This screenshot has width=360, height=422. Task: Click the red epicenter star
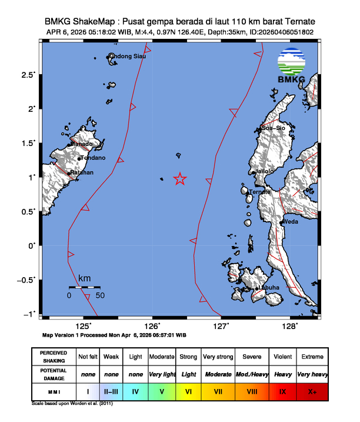(180, 179)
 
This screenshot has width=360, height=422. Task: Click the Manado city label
(82, 144)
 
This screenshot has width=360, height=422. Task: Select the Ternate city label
(260, 192)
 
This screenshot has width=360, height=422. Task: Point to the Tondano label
(93, 158)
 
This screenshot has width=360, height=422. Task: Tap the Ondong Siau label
(129, 57)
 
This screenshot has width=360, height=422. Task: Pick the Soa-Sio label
(274, 128)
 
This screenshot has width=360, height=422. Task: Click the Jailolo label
(264, 171)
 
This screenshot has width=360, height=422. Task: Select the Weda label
(291, 222)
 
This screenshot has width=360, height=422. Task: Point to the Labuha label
(269, 287)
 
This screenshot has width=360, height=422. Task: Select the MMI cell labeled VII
(218, 390)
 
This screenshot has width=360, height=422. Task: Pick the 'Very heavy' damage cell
(312, 374)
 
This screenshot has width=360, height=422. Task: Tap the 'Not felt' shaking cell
(88, 357)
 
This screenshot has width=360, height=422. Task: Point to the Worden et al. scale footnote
(71, 404)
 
